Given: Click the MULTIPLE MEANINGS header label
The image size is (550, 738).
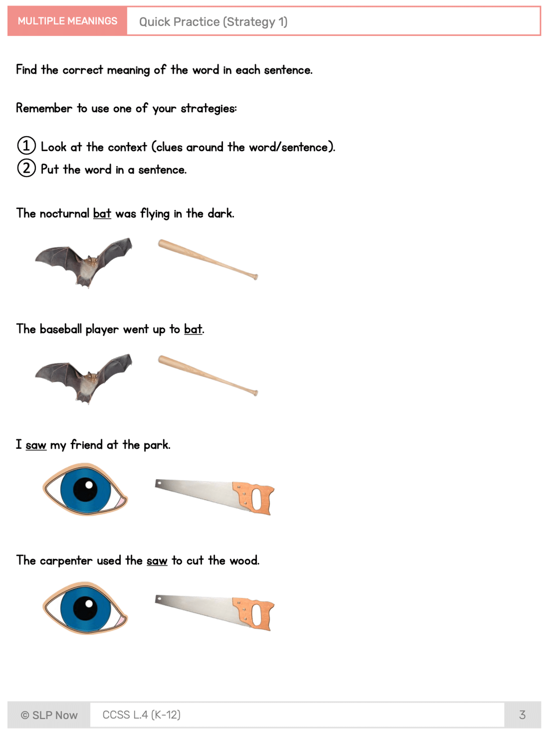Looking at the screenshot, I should pyautogui.click(x=67, y=21).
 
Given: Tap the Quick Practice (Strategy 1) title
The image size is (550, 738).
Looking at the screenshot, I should pyautogui.click(x=213, y=22).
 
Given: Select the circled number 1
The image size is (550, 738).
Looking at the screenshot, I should pyautogui.click(x=26, y=146).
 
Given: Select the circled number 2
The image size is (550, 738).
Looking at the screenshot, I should pyautogui.click(x=26, y=168).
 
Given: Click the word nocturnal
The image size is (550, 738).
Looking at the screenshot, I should pyautogui.click(x=65, y=213).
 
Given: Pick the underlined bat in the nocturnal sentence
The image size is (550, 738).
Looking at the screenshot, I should pyautogui.click(x=102, y=213).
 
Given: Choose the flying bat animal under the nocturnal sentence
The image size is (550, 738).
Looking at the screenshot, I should pyautogui.click(x=83, y=262).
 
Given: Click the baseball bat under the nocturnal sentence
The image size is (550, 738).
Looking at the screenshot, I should pyautogui.click(x=208, y=259).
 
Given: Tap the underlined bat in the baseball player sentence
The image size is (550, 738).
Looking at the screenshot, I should pyautogui.click(x=193, y=329).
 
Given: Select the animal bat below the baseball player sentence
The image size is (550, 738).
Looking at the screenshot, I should pyautogui.click(x=83, y=378).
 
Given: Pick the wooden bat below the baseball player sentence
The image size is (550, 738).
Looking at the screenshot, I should pyautogui.click(x=208, y=375).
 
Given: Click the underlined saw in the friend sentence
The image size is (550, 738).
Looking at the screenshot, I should pyautogui.click(x=36, y=445).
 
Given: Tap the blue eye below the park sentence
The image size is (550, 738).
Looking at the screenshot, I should pyautogui.click(x=85, y=489).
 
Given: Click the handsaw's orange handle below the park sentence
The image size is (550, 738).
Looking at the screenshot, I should pyautogui.click(x=255, y=498).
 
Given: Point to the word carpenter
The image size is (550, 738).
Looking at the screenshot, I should pyautogui.click(x=66, y=560).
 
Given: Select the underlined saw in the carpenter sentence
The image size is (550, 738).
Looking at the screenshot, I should pyautogui.click(x=157, y=560).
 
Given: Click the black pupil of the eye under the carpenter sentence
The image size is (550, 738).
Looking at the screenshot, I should pyautogui.click(x=85, y=608).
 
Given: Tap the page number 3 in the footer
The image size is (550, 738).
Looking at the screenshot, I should pyautogui.click(x=522, y=715).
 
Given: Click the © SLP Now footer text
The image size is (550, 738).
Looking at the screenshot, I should pyautogui.click(x=49, y=715).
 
